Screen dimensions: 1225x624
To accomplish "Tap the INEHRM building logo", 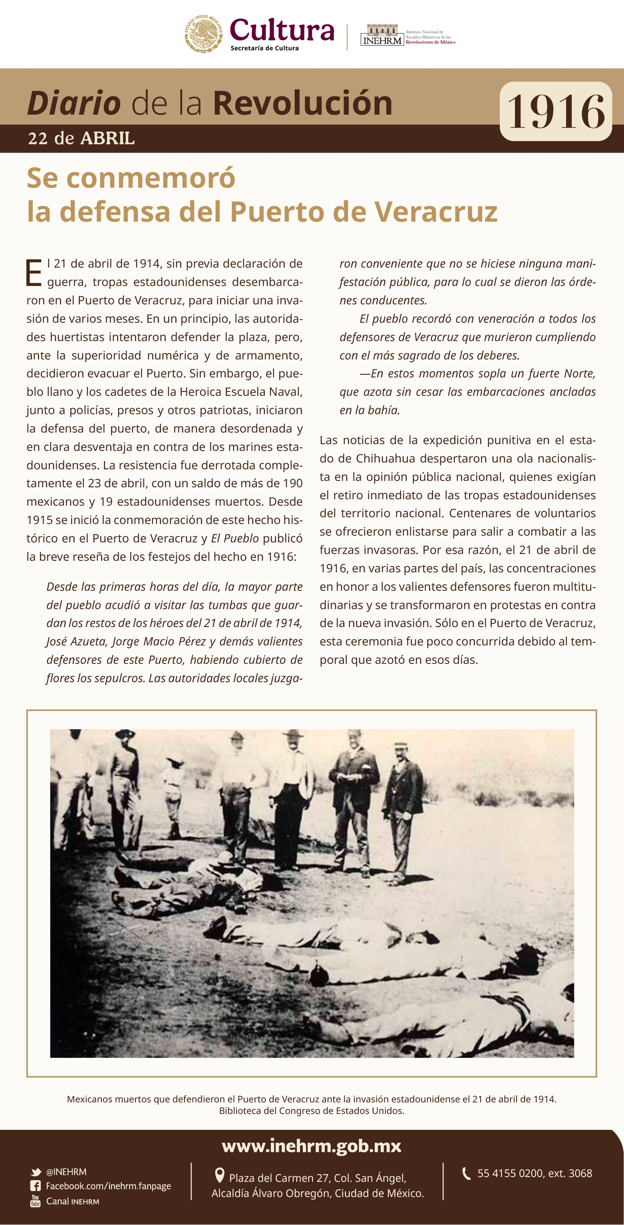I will [382, 35].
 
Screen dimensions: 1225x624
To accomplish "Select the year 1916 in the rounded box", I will [556, 112].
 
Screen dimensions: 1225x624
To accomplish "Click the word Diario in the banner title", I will [74, 103].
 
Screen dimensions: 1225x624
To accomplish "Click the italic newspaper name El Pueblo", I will [234, 538].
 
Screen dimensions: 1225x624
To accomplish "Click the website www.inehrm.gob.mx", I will [312, 1146].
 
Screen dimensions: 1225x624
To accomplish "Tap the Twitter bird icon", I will [36, 1172].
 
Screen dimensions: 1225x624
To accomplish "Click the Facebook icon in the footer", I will [35, 1186].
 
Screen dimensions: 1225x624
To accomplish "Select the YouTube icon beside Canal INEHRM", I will [35, 1201].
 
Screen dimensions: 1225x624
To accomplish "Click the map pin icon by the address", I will [219, 1175].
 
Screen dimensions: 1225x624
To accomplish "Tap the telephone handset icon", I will [467, 1173].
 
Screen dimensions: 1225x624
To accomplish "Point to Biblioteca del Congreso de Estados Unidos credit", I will [312, 1110].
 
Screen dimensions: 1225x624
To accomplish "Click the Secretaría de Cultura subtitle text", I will [264, 48].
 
